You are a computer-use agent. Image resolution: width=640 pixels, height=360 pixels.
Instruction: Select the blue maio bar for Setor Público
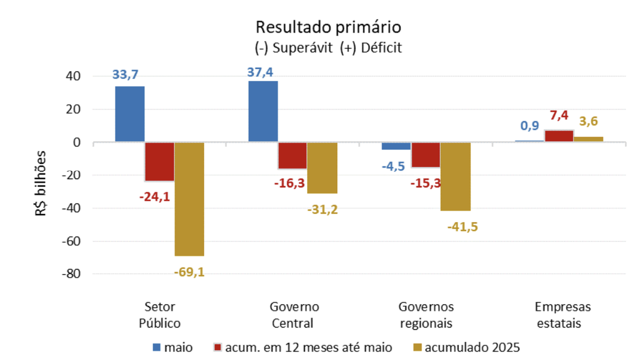130,114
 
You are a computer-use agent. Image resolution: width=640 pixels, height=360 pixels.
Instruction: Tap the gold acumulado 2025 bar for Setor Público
189,199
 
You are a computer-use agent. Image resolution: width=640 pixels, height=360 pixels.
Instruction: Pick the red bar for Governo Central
292,155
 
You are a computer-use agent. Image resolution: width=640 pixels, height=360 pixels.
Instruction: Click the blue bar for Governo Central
263,111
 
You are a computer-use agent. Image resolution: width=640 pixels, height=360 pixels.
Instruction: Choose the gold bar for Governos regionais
455,176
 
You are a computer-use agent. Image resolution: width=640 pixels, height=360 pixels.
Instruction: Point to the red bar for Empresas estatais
559,136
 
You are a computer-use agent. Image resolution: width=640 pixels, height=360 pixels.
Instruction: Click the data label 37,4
260,72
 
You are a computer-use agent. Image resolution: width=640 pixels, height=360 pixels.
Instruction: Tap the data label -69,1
189,272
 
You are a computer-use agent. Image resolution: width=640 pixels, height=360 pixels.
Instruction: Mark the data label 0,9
529,126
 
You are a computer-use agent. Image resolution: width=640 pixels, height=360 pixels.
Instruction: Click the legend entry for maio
172,347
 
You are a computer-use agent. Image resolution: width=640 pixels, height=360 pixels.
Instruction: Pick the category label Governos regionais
426,314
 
